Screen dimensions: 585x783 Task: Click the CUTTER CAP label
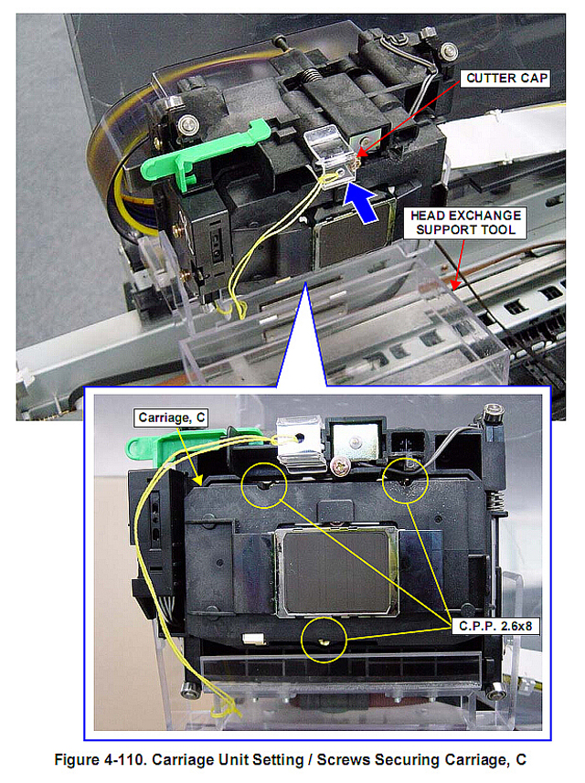pos(505,79)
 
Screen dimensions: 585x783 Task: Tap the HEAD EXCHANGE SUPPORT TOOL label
pos(465,223)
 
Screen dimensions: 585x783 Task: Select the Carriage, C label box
pos(171,418)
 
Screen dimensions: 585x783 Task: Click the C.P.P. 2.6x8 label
pos(495,626)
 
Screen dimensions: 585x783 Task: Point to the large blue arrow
pos(361,201)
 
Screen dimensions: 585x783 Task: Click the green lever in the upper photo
pos(200,153)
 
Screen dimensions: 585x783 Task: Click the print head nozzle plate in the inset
pos(336,572)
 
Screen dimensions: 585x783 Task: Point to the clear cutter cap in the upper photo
pos(331,156)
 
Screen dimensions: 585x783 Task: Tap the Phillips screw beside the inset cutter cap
pos(340,465)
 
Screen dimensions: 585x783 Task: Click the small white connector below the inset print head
pos(254,638)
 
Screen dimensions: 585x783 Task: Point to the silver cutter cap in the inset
pos(302,444)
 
